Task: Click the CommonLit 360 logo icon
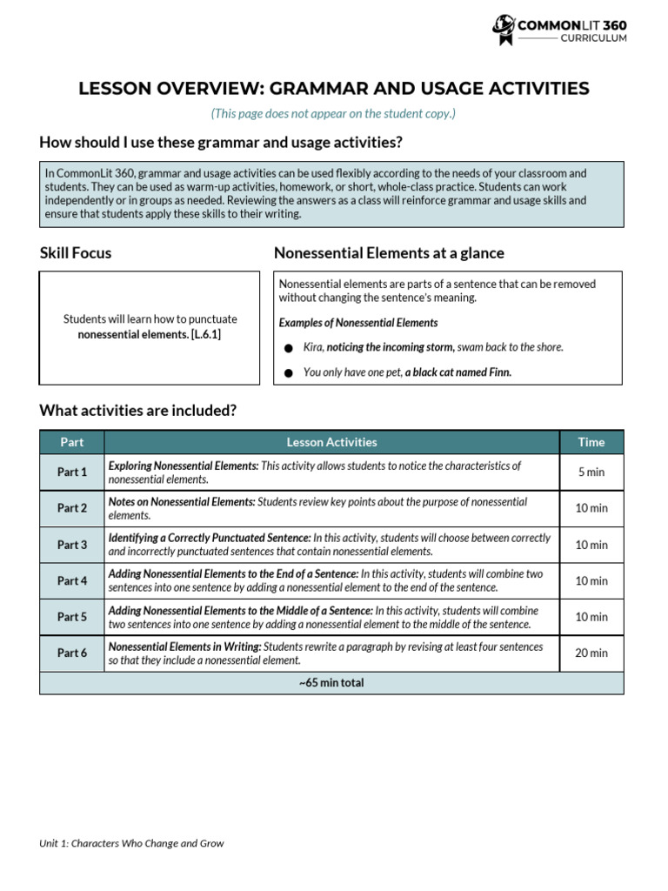504,30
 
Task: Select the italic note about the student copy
333,113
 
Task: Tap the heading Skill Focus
76,253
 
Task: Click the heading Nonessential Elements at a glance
389,253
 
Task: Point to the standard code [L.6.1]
206,334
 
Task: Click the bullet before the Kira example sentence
289,348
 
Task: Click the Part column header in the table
72,442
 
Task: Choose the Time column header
591,442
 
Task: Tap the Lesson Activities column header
331,442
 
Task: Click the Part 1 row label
72,472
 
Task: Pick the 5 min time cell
591,472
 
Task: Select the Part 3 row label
72,545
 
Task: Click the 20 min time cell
591,653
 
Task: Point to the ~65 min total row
331,683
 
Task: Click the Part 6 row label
72,653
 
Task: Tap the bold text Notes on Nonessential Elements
182,502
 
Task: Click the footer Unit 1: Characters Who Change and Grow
131,843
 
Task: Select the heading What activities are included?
138,410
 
